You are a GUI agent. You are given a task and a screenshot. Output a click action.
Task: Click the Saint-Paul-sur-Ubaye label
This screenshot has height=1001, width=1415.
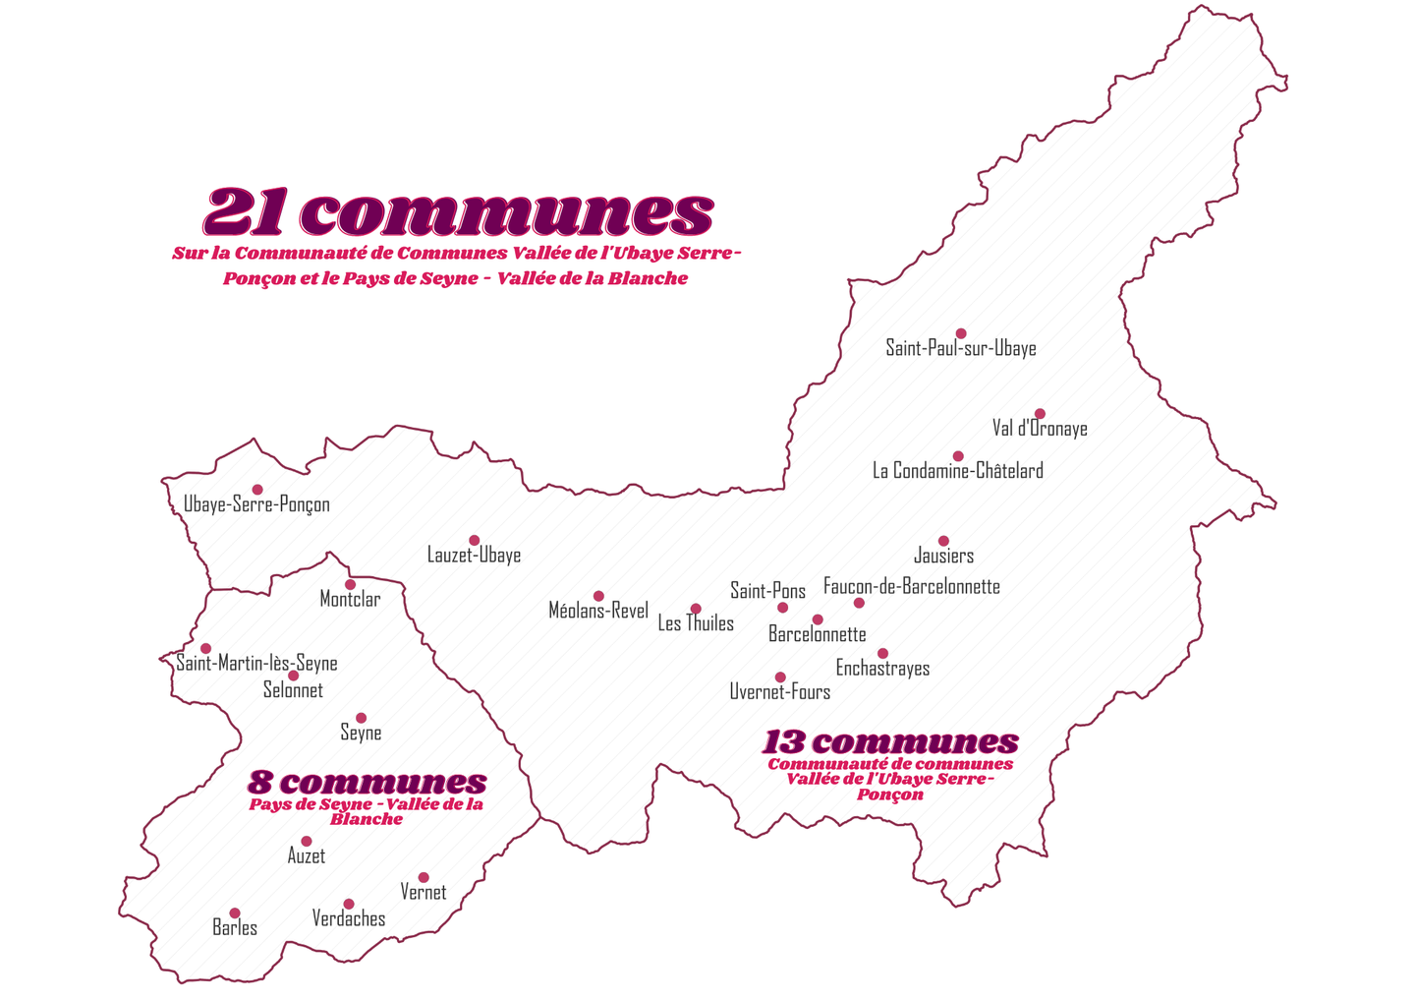pyautogui.click(x=960, y=348)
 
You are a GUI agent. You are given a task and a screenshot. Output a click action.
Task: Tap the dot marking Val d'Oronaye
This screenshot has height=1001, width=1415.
pyautogui.click(x=1040, y=414)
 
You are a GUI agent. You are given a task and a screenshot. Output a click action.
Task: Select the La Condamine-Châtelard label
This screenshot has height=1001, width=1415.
pyautogui.click(x=957, y=471)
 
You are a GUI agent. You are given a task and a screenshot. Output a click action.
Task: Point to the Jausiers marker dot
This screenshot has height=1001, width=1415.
pyautogui.click(x=943, y=541)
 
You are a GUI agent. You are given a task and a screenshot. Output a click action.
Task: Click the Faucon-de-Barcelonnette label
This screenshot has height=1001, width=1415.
pyautogui.click(x=911, y=587)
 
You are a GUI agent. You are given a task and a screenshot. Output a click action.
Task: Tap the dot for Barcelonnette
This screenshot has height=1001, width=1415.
pyautogui.click(x=818, y=619)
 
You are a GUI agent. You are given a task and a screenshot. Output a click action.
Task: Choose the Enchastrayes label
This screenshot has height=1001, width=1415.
pyautogui.click(x=882, y=669)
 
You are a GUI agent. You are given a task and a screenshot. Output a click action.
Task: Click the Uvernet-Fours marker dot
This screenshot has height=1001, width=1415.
pyautogui.click(x=780, y=677)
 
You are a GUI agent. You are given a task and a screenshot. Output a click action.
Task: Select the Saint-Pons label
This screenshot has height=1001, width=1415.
pyautogui.click(x=767, y=591)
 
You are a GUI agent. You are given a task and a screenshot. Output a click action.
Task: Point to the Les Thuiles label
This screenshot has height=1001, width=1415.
pyautogui.click(x=696, y=623)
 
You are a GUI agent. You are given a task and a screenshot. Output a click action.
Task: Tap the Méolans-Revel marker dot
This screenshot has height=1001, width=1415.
pyautogui.click(x=598, y=596)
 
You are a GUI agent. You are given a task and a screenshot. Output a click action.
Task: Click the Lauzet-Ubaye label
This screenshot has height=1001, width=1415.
pyautogui.click(x=474, y=556)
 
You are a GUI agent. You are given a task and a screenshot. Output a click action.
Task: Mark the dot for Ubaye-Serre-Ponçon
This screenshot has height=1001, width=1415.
pyautogui.click(x=257, y=490)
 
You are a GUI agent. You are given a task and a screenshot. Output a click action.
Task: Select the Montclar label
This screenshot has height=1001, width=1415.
pyautogui.click(x=350, y=600)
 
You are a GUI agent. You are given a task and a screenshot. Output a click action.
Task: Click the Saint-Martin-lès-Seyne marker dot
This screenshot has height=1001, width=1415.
pyautogui.click(x=205, y=649)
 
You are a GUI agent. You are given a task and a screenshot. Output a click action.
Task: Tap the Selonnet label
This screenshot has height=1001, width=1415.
pyautogui.click(x=293, y=690)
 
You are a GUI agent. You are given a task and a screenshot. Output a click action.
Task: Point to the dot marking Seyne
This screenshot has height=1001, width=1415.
pyautogui.click(x=361, y=718)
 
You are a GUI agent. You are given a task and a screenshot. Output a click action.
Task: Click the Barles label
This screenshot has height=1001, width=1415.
pyautogui.click(x=235, y=928)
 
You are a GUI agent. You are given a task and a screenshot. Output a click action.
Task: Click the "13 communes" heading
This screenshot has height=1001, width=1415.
pyautogui.click(x=890, y=741)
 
